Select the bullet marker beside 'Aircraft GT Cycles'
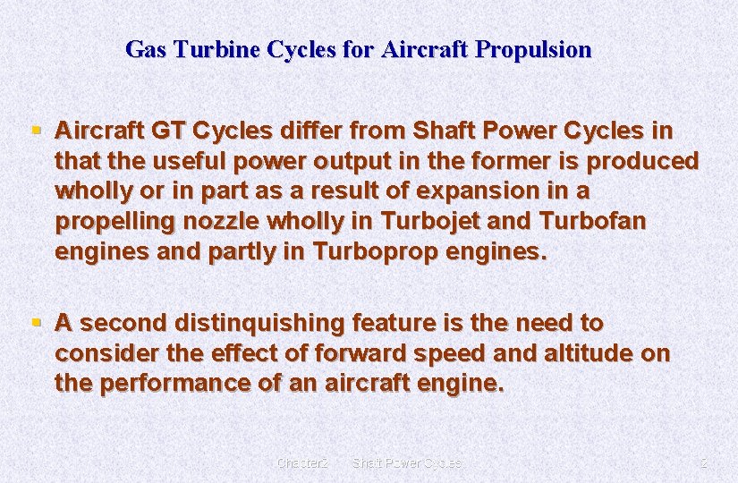[36, 131]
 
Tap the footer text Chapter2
[302, 463]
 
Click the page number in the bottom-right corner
[703, 463]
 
